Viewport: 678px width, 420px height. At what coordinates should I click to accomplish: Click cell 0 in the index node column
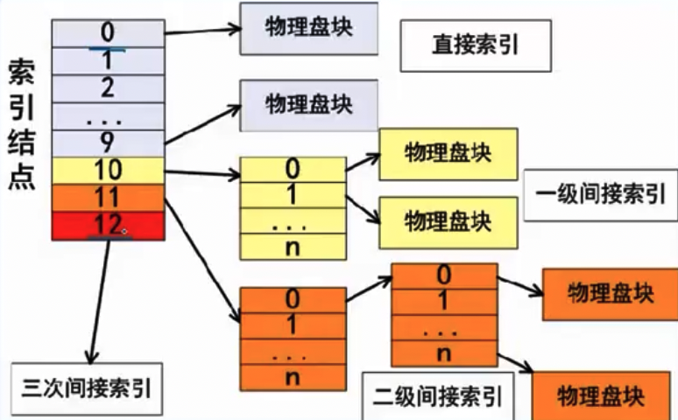[x=108, y=32]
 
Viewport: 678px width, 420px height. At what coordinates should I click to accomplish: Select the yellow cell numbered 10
[x=108, y=171]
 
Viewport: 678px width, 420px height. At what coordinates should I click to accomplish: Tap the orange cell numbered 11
[x=108, y=198]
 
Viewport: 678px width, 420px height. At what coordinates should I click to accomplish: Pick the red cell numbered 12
[x=108, y=225]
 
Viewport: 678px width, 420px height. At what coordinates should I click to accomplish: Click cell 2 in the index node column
[x=108, y=87]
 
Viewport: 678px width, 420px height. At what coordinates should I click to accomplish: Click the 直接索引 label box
[x=476, y=45]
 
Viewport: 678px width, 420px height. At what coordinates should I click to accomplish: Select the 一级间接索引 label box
[x=599, y=194]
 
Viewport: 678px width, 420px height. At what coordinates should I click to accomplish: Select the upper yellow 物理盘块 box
[x=448, y=154]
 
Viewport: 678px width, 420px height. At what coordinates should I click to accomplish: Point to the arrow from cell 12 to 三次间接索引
[x=98, y=297]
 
